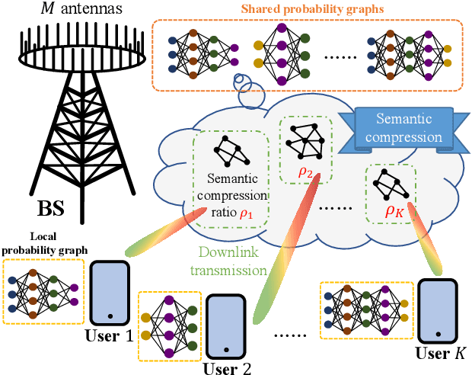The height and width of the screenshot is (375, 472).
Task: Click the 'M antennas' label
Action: click(x=60, y=10)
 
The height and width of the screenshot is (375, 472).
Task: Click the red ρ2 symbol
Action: click(x=306, y=173)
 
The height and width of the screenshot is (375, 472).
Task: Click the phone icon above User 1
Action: click(x=111, y=293)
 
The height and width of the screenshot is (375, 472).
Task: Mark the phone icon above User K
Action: click(x=437, y=311)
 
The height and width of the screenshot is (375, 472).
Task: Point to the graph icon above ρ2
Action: click(x=305, y=139)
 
